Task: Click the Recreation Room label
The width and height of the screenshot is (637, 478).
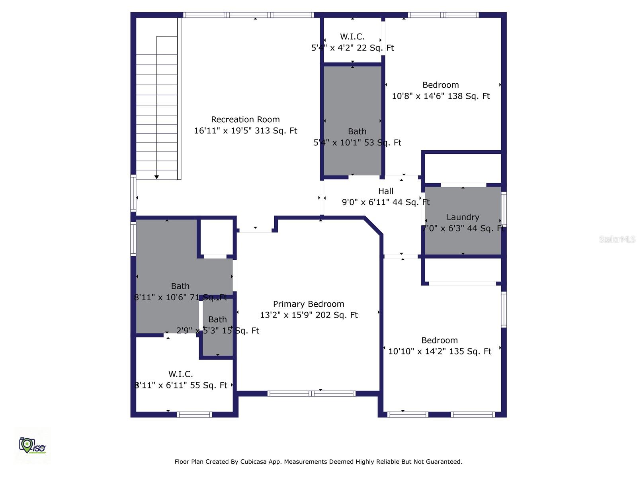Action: (245, 119)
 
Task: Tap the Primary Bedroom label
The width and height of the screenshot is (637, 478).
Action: (309, 304)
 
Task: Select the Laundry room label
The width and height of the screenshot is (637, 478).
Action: (463, 217)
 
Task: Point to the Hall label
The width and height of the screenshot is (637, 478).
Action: (386, 191)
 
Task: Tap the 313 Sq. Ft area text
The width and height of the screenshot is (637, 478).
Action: (276, 131)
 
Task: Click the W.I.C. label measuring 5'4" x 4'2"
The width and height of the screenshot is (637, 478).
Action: (352, 37)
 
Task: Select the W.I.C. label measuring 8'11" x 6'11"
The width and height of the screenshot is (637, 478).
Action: (180, 374)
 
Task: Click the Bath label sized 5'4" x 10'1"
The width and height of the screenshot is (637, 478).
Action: (357, 131)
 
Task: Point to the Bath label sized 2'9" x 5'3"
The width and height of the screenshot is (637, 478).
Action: (217, 319)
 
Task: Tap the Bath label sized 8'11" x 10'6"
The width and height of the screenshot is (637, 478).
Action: (180, 286)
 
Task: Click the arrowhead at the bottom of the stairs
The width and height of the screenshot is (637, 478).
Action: (156, 177)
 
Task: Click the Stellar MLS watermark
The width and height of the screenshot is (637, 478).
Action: (617, 239)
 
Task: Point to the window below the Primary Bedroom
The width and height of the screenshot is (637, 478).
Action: (311, 394)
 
